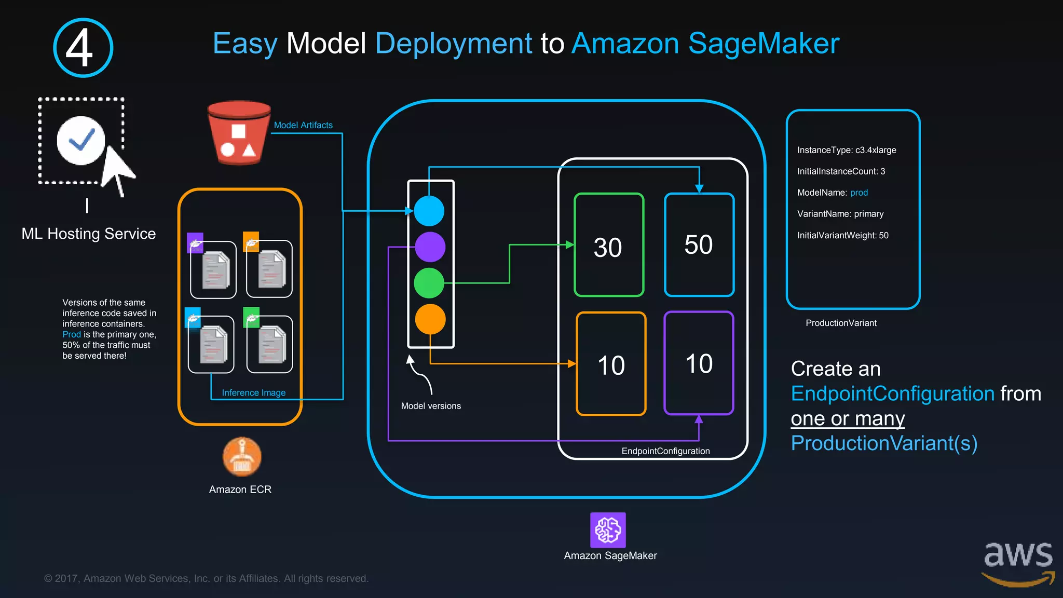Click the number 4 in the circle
tap(80, 48)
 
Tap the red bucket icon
tap(239, 133)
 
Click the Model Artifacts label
tap(303, 125)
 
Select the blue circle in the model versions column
tap(429, 211)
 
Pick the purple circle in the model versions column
tap(430, 247)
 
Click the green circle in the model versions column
tap(429, 283)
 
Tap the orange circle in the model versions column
tap(430, 319)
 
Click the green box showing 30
tap(609, 245)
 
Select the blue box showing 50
tap(699, 245)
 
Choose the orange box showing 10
tap(611, 364)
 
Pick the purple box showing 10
tap(699, 363)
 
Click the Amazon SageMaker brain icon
tap(608, 530)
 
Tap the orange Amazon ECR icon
tap(242, 457)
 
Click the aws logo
tap(1018, 563)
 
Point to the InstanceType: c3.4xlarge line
tap(847, 150)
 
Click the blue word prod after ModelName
tap(859, 193)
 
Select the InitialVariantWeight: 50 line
tap(843, 235)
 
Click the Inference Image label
tap(254, 393)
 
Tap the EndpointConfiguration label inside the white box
tap(665, 451)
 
